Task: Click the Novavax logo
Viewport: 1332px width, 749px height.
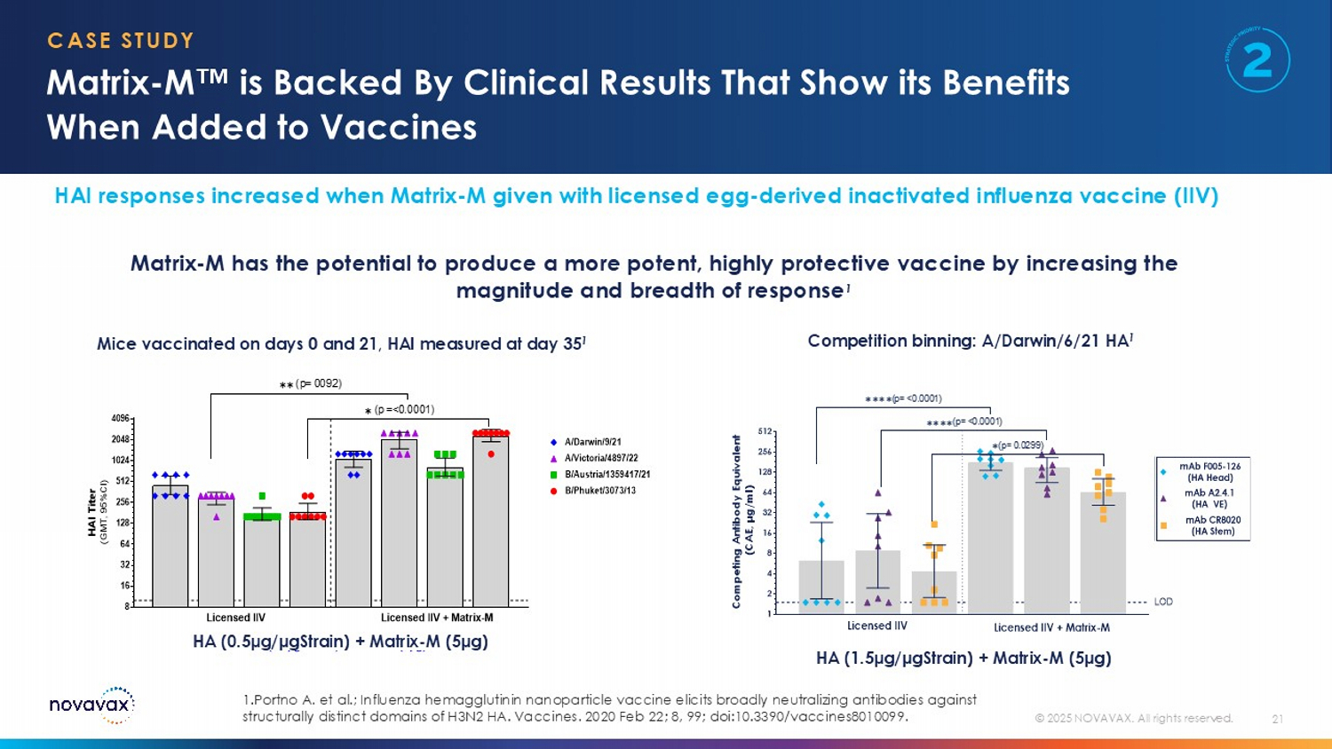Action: pos(91,705)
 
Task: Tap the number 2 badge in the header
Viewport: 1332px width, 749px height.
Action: pos(1257,60)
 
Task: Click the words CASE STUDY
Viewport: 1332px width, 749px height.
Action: pos(121,41)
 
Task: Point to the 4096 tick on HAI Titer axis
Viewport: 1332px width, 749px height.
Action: pos(120,418)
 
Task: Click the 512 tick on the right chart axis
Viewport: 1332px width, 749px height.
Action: pos(765,431)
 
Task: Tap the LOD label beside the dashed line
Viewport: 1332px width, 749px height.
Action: pos(1163,602)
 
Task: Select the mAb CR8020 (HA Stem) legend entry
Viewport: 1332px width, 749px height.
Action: pos(1212,525)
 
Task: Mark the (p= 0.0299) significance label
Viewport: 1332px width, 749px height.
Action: pos(1018,445)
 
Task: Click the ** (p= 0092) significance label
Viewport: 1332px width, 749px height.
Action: pos(311,384)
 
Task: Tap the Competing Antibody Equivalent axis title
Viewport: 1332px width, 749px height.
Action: pos(737,522)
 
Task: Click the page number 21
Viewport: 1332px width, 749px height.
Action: pos(1277,719)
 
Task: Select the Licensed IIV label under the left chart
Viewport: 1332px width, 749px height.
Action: pos(235,618)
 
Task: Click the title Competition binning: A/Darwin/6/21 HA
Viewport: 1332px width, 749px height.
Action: pos(969,341)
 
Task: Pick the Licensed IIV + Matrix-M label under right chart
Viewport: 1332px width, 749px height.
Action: pos(1051,627)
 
